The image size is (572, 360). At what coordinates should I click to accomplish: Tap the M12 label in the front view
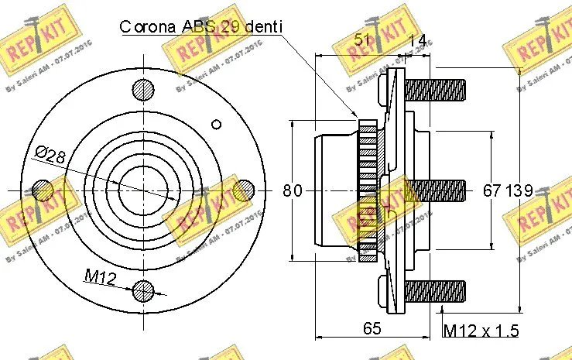point(100,276)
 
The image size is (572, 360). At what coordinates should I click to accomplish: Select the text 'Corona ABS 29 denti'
point(200,27)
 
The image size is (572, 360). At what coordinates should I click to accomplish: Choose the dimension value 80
point(292,190)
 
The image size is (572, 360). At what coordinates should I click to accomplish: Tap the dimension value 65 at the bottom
point(372,328)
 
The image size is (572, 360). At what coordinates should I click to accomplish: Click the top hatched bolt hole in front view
point(143,90)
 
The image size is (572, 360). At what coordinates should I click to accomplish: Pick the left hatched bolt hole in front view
point(43,190)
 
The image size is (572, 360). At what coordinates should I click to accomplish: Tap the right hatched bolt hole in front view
point(243,190)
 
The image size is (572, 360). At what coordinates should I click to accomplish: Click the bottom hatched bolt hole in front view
point(143,290)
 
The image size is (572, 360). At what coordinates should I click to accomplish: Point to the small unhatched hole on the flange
point(217,124)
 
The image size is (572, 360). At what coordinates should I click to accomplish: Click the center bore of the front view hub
point(143,190)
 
